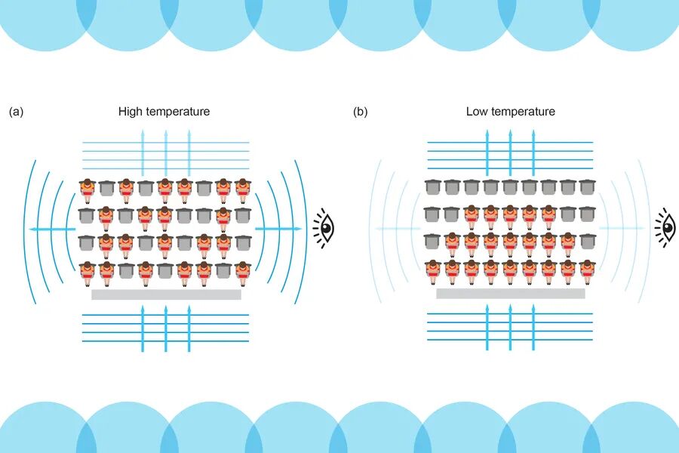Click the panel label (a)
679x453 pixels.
coord(16,112)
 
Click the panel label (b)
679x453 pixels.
coord(361,112)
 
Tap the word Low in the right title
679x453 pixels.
coord(477,112)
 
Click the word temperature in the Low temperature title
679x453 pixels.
coord(523,112)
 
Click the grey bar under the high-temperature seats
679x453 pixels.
coord(166,294)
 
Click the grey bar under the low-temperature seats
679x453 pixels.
coord(510,294)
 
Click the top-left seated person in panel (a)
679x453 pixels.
coord(88,189)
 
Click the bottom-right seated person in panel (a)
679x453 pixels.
coord(242,270)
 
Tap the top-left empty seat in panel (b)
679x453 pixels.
coord(432,187)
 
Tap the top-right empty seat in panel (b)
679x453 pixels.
coord(587,187)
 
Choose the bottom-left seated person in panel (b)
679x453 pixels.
coord(432,270)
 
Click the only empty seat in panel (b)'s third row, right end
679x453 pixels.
coord(587,242)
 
